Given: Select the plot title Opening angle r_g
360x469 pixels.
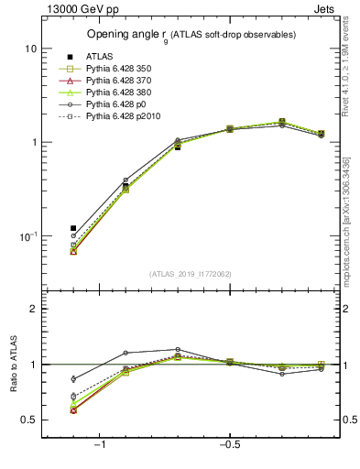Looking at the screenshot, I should click(191, 35).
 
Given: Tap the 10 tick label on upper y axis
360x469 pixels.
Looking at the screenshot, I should click(30, 48).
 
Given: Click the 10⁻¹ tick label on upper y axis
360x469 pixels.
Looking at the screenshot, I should click(27, 235).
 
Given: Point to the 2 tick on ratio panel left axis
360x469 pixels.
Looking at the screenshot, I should click(33, 309).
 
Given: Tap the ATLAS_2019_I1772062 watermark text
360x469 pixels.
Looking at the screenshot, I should click(191, 274).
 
